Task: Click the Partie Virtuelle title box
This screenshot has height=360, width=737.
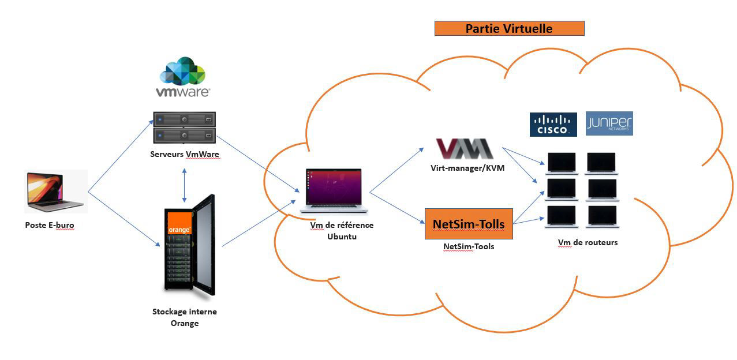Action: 509,28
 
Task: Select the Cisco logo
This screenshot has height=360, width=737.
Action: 553,125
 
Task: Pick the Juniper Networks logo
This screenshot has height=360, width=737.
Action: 609,124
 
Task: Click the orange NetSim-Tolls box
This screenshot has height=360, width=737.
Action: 469,224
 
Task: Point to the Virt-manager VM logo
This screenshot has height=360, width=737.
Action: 465,148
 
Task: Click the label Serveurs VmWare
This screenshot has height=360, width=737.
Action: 185,155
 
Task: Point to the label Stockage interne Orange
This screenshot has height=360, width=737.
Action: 185,317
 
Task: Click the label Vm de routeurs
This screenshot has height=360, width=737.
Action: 588,242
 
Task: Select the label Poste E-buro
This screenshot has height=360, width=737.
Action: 50,225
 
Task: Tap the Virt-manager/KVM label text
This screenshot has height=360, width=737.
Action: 467,168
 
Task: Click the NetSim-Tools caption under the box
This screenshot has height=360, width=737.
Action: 469,246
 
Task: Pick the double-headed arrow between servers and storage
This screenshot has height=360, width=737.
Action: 184,185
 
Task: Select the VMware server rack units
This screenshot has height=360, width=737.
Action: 184,127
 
